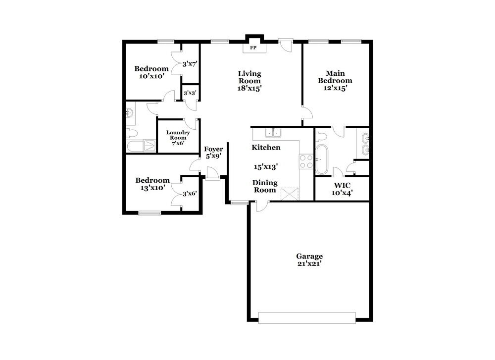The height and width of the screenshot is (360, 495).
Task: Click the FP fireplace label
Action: (253, 48)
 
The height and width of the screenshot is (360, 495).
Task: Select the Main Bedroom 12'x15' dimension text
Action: (335, 88)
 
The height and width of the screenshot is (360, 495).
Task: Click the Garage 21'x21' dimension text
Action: (309, 263)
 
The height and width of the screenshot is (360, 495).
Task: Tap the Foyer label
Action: (214, 149)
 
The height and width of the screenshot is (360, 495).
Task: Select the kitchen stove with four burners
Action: (305, 161)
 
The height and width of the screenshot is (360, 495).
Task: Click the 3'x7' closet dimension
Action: (190, 64)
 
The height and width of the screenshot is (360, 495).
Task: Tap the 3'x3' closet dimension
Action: (190, 93)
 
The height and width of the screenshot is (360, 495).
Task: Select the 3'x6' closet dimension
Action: (190, 194)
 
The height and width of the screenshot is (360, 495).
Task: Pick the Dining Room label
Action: (265, 186)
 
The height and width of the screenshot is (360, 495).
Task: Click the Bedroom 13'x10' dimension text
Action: (152, 188)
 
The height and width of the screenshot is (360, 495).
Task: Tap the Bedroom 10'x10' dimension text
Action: (151, 76)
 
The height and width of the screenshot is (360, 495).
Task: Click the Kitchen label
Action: (266, 148)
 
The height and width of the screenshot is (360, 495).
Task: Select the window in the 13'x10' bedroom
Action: (149, 213)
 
